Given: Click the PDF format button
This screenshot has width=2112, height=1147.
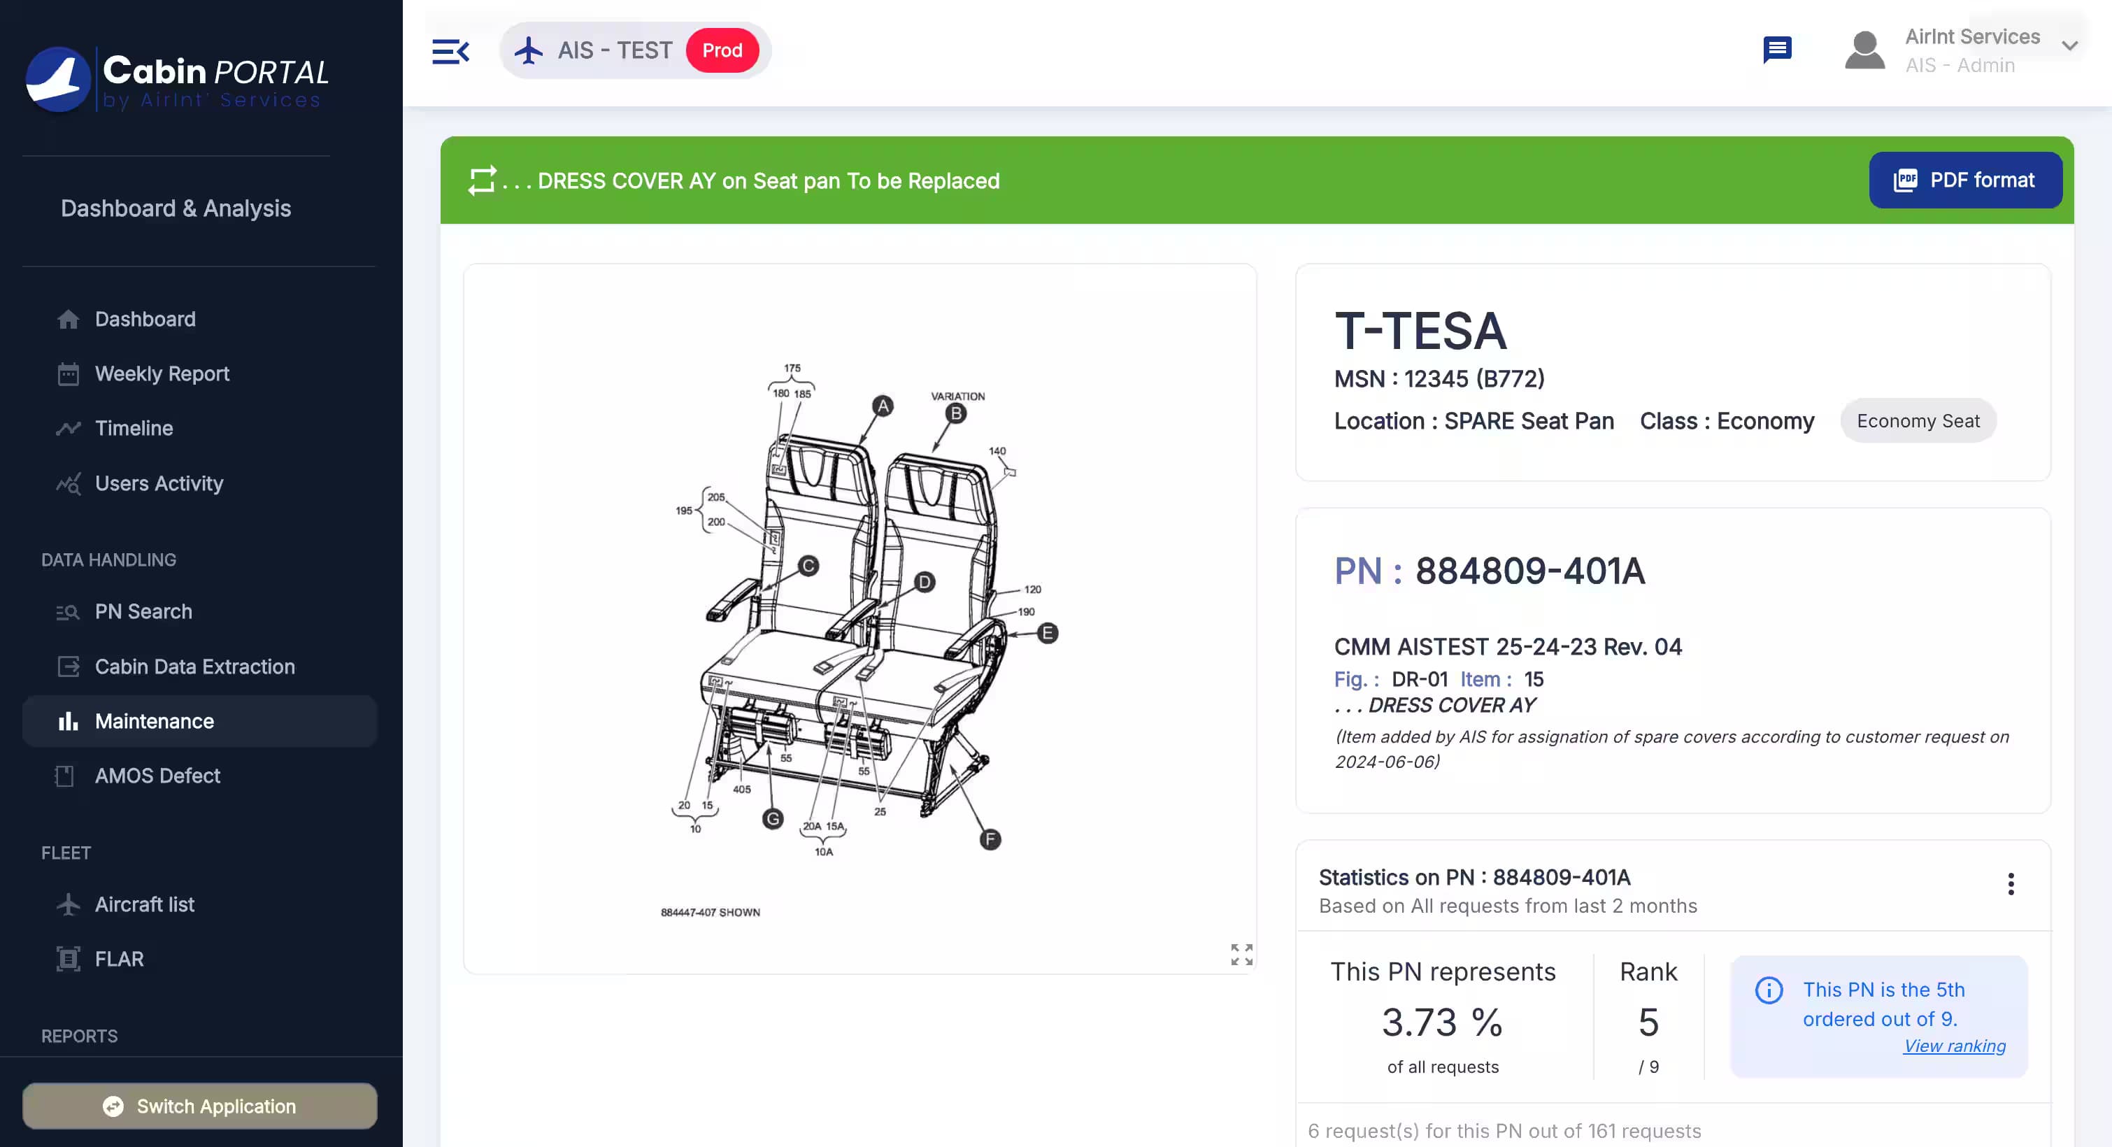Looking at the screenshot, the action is (x=1964, y=180).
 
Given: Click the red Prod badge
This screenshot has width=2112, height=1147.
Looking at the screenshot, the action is (x=722, y=51).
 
